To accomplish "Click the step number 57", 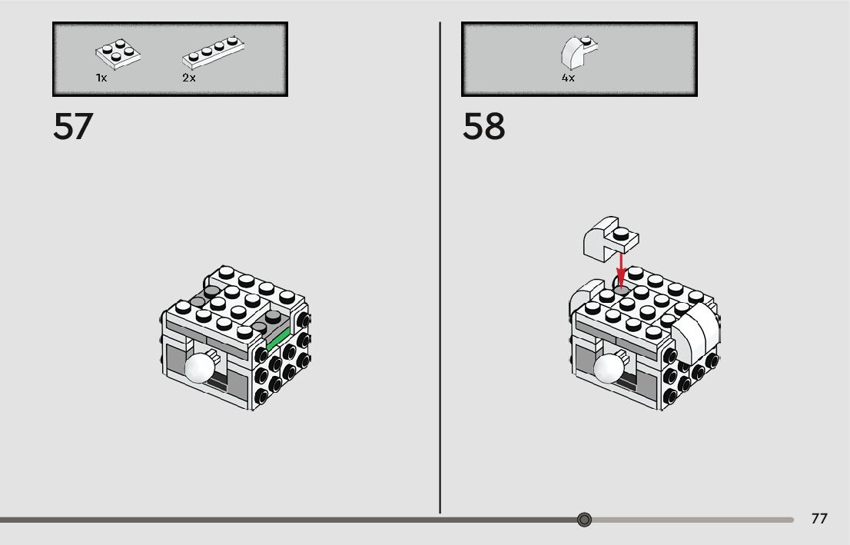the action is (x=72, y=127).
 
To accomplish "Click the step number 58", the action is (x=483, y=127).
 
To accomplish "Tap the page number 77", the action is (x=819, y=519).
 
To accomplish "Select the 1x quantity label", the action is (x=101, y=78).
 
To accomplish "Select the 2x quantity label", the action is (x=189, y=78).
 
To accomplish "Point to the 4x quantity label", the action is (x=568, y=78).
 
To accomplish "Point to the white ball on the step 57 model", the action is (x=200, y=368).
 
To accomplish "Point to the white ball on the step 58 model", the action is (x=609, y=368).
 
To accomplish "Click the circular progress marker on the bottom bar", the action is (x=584, y=520).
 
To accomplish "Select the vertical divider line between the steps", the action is (x=440, y=269).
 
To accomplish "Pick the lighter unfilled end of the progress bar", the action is (x=692, y=520).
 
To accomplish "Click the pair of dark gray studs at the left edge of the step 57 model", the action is (x=202, y=297).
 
